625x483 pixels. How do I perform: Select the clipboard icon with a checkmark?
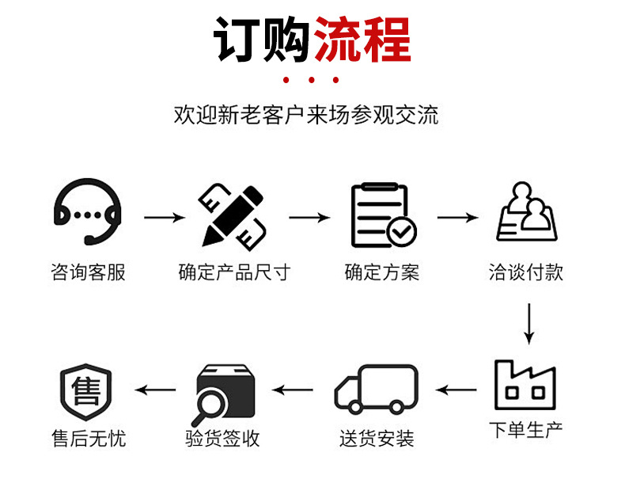point(383,215)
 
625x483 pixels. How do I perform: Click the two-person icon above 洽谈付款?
point(527,213)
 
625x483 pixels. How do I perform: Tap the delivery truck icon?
point(377,389)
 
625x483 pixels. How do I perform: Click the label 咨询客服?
point(88,273)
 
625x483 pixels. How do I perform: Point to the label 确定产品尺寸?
point(234,273)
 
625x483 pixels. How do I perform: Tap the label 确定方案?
point(382,273)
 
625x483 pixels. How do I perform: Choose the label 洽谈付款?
point(526,273)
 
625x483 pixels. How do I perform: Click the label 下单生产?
point(525,431)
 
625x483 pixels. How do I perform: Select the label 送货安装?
point(377,438)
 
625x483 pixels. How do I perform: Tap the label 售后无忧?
point(88,438)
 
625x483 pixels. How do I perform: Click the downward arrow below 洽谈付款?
point(528,322)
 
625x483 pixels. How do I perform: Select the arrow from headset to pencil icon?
point(162,216)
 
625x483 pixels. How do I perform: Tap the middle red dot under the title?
point(312,80)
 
